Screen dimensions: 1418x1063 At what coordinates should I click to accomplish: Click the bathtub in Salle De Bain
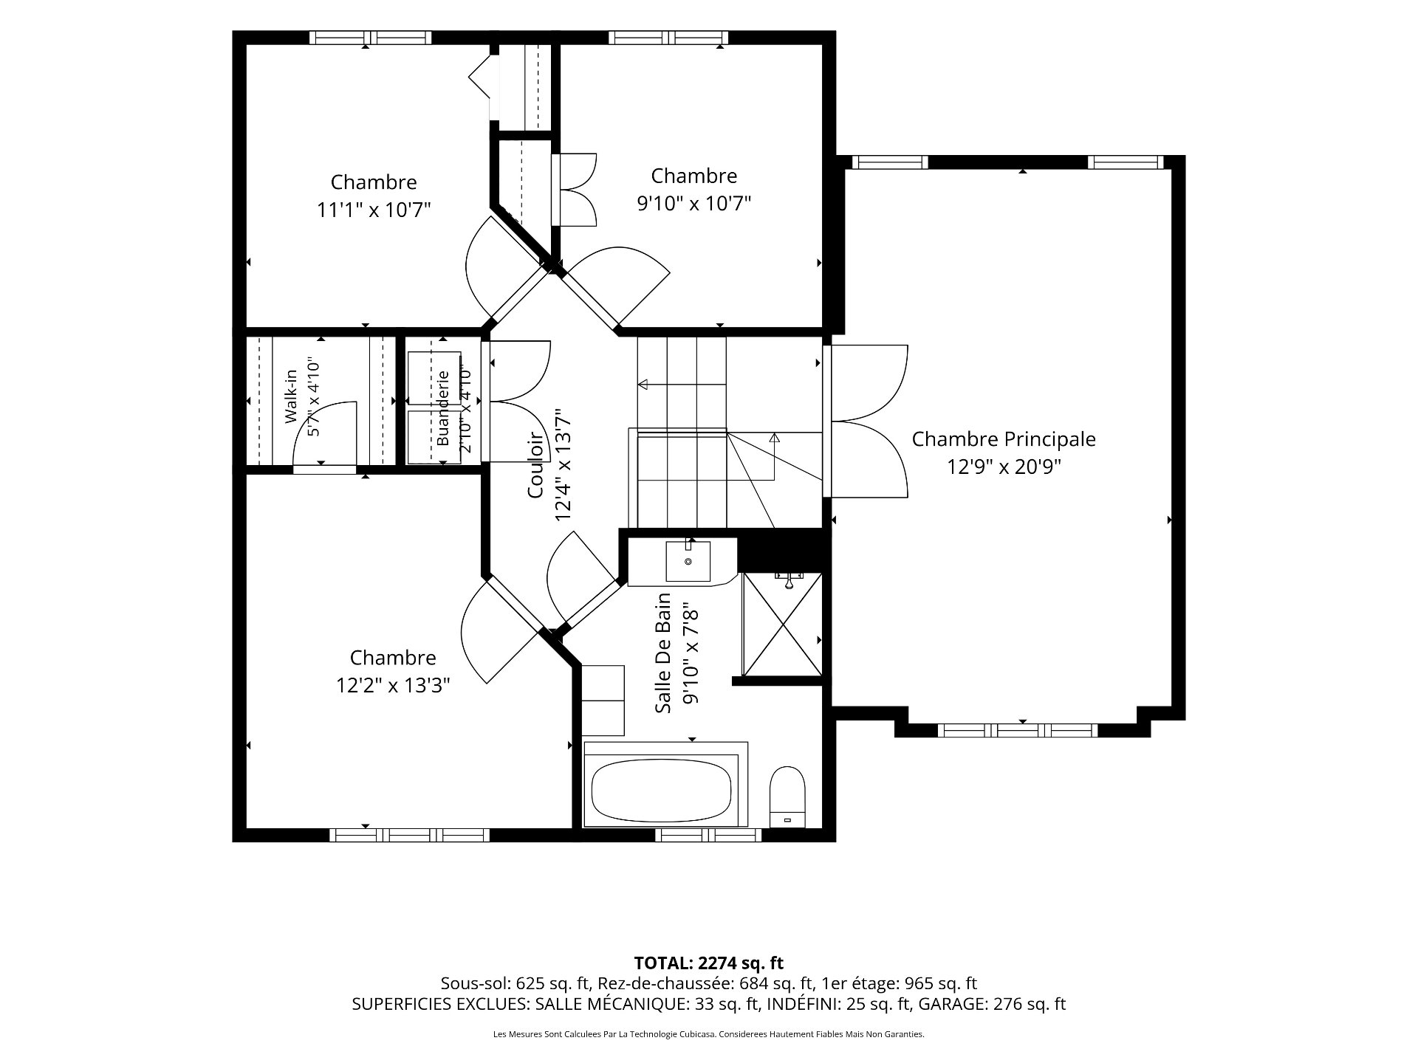pos(665,794)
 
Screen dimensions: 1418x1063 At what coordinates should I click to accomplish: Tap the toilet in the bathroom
pos(787,798)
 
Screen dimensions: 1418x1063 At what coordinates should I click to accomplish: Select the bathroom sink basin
pos(688,562)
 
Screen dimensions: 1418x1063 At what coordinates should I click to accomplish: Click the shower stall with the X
pos(782,625)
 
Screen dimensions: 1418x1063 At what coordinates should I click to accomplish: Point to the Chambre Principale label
pos(1004,439)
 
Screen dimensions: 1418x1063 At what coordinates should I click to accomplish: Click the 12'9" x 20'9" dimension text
pos(1004,467)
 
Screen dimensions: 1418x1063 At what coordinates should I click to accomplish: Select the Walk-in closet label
pos(291,396)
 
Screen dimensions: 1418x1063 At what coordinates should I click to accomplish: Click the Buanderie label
pos(443,407)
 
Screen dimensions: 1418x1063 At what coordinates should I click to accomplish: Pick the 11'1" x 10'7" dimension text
pos(374,210)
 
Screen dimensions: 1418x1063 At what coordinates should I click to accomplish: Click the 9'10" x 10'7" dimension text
pos(694,203)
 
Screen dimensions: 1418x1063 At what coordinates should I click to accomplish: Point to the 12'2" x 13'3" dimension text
pos(393,686)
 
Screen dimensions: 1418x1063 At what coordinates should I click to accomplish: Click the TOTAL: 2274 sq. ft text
pos(709,963)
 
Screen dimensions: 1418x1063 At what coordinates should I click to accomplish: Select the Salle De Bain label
pos(664,653)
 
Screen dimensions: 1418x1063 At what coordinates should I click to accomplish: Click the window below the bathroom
pos(708,835)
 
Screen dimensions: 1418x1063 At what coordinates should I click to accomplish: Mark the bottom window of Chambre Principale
pos(1018,730)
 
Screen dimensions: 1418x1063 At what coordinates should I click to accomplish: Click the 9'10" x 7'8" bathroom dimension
pos(691,653)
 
